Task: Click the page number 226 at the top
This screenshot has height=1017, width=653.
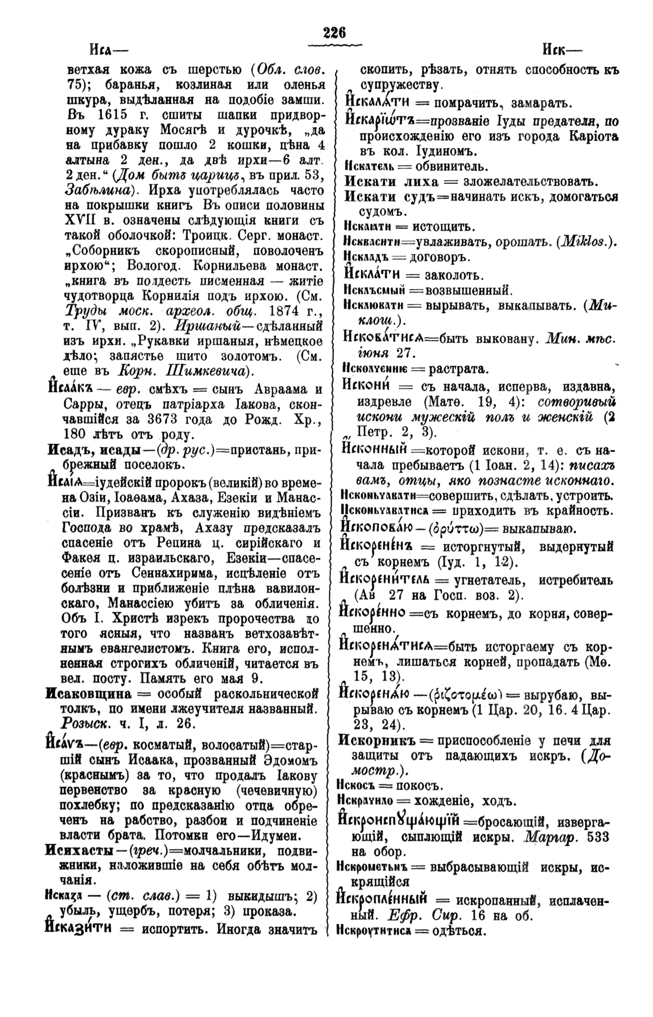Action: click(x=334, y=33)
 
